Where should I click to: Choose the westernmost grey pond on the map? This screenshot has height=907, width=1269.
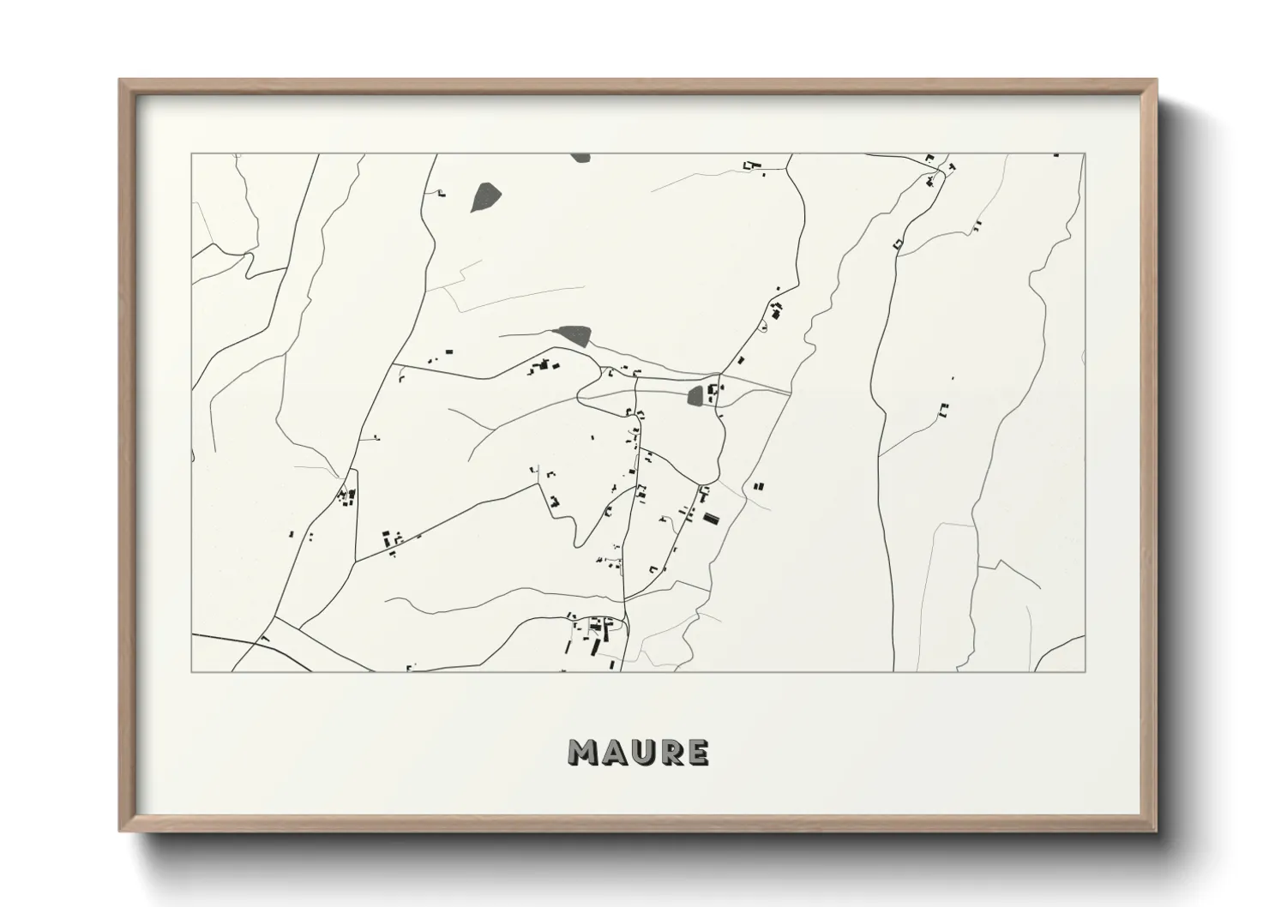485,196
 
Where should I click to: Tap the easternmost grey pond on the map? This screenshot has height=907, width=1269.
696,395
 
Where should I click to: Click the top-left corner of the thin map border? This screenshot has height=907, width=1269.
192,154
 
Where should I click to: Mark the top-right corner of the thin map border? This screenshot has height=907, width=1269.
1085,154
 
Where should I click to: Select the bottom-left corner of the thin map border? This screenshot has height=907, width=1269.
192,671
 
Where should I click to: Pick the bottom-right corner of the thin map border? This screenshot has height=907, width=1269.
1085,671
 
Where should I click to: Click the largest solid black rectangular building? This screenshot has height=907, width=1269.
711,517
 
